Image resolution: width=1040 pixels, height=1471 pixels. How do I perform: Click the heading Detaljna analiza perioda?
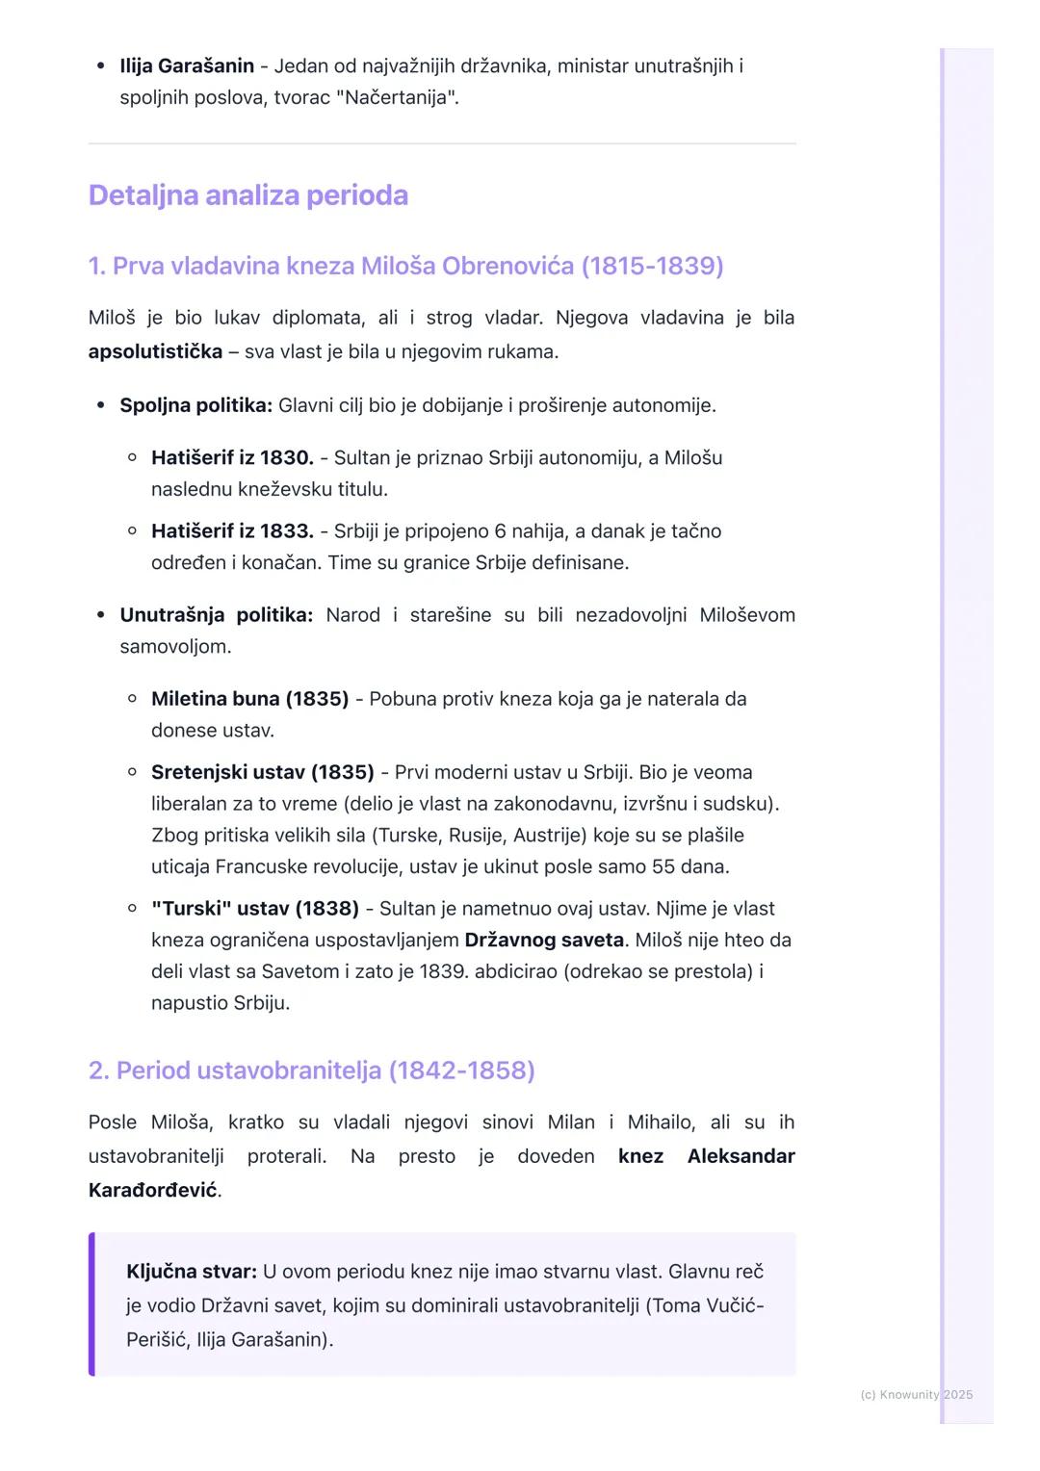coord(247,195)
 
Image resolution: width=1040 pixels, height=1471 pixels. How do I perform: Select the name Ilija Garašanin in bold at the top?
coord(187,66)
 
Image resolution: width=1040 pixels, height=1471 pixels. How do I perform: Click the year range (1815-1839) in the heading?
coord(652,267)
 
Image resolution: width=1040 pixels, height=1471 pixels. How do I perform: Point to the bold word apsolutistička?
coord(155,352)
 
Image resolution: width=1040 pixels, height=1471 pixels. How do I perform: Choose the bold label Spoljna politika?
coord(196,405)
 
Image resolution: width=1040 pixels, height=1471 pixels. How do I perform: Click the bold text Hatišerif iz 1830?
coord(232,458)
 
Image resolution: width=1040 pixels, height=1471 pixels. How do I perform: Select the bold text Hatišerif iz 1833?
coord(232,531)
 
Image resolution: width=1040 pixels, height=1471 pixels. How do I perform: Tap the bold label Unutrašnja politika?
coord(216,615)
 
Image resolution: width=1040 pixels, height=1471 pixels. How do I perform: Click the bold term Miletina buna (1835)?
coord(249,699)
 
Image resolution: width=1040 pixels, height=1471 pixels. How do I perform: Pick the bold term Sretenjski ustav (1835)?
coord(262,772)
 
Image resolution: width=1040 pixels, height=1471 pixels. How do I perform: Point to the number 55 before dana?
coord(663,866)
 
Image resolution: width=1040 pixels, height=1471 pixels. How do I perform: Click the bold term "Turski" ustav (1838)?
coord(254,909)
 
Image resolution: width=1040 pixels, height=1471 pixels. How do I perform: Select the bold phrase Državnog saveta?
coord(544,941)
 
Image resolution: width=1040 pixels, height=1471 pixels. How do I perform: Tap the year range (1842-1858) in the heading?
coord(461,1071)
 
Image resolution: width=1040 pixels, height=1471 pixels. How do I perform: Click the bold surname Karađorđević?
coord(152,1191)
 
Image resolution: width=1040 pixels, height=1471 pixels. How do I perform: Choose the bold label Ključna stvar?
coord(192,1272)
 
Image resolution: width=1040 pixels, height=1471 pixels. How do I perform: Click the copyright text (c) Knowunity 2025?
coord(916,1395)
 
